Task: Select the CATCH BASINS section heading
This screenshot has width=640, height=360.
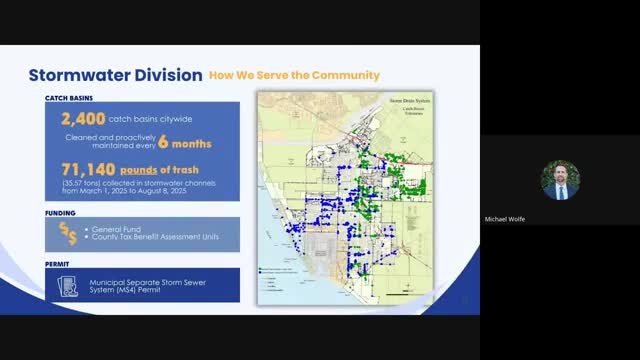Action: [x=69, y=98]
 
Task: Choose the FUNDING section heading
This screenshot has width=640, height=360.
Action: [x=61, y=212]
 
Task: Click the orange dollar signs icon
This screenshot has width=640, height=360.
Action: [x=68, y=234]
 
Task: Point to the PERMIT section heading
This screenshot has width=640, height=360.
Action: [x=58, y=266]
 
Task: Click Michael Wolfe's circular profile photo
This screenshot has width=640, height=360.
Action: [x=560, y=180]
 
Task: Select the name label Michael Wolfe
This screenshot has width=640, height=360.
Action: [x=560, y=219]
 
